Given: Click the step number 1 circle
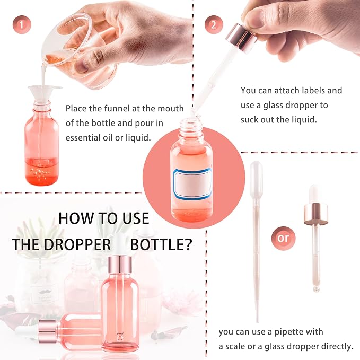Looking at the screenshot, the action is pos(22,25).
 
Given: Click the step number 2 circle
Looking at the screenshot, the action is pos(214,25).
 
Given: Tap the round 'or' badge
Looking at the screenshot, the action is pos(283,238).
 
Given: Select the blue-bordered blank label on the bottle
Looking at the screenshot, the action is pos(192,183).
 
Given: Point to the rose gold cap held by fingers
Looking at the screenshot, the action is pos(241,39).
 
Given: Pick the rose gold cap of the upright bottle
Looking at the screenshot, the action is pos(120,265).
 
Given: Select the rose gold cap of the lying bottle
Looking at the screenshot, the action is pos(48,331).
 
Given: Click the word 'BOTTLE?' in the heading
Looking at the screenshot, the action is pos(161,244).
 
